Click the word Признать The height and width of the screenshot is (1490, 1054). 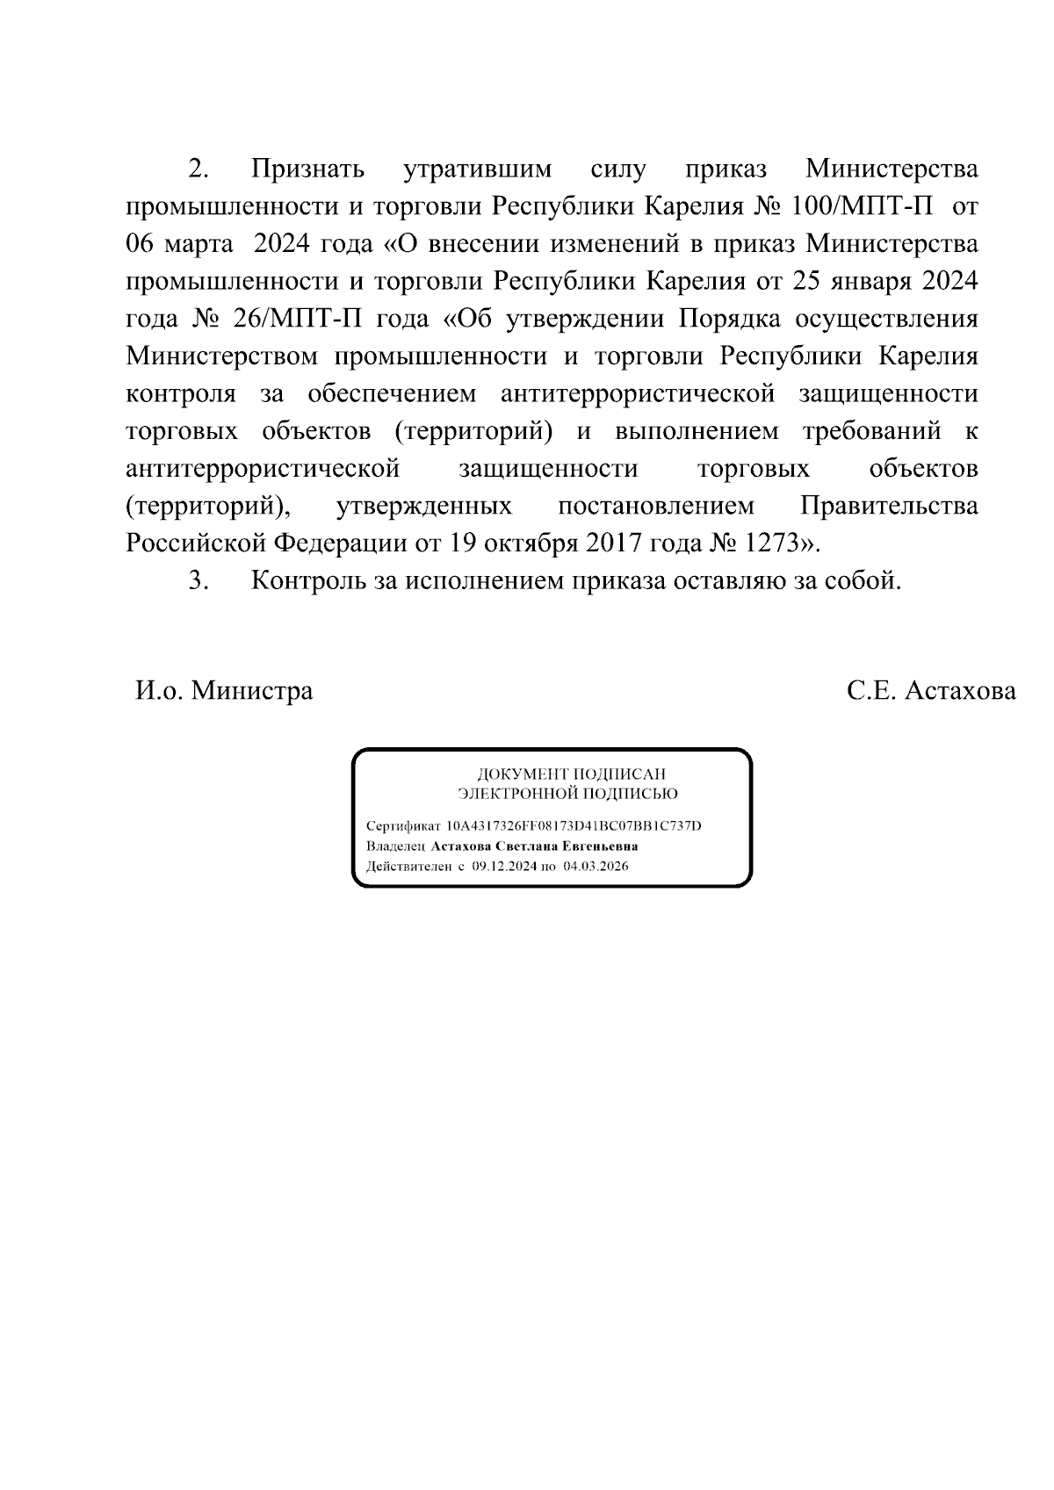(x=308, y=169)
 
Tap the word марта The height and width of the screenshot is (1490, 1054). (x=199, y=244)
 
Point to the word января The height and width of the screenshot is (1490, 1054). (x=865, y=281)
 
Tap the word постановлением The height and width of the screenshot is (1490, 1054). (x=655, y=506)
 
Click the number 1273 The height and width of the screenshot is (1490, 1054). (x=770, y=543)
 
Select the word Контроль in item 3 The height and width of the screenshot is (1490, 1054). (x=303, y=581)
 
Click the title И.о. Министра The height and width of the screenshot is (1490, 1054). (x=224, y=691)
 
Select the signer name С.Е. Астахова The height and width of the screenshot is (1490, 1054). (x=931, y=691)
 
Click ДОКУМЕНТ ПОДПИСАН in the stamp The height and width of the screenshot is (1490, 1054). (x=571, y=774)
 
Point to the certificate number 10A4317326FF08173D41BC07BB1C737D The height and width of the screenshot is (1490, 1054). (x=574, y=826)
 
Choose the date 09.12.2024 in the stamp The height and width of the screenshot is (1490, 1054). (x=504, y=866)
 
